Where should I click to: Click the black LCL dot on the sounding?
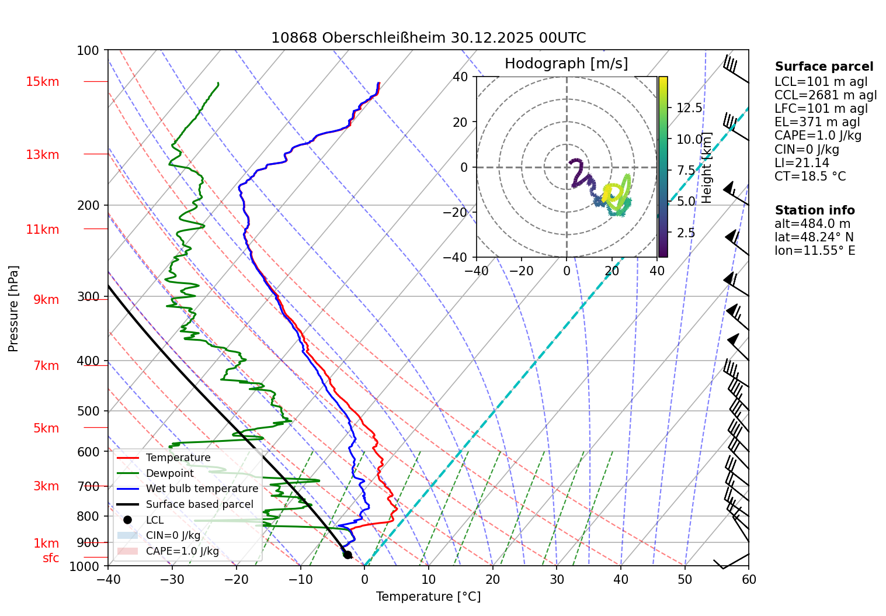point(347,555)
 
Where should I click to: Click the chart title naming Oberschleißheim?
point(428,38)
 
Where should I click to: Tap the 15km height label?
point(42,82)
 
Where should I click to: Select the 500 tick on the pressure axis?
point(88,411)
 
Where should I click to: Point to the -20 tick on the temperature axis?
point(236,579)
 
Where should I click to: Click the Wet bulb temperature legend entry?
point(201,489)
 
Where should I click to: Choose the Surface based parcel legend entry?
point(199,504)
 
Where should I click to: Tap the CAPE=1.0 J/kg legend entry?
point(182,551)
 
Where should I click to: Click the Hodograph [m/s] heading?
point(566,64)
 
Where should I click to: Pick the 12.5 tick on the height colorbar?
point(689,108)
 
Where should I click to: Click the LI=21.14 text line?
point(801,163)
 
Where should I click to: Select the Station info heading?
point(814,210)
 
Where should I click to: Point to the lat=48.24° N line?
point(814,237)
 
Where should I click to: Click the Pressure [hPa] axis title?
point(13,309)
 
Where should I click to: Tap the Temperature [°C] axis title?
point(428,597)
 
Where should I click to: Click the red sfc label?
point(51,558)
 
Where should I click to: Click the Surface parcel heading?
point(824,67)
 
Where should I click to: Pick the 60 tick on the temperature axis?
point(748,579)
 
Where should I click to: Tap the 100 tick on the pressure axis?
point(88,50)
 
